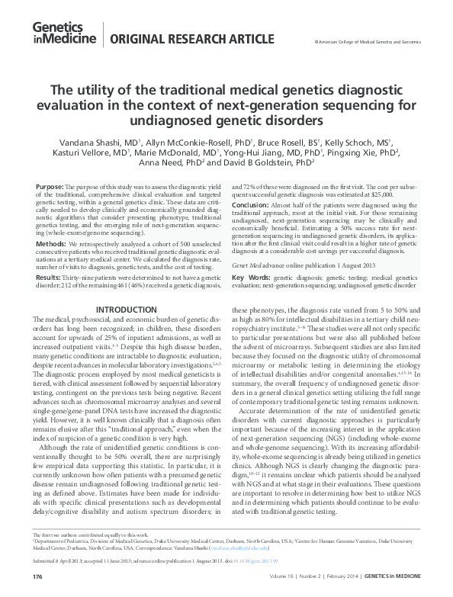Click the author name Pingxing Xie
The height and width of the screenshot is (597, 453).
tap(365, 152)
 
